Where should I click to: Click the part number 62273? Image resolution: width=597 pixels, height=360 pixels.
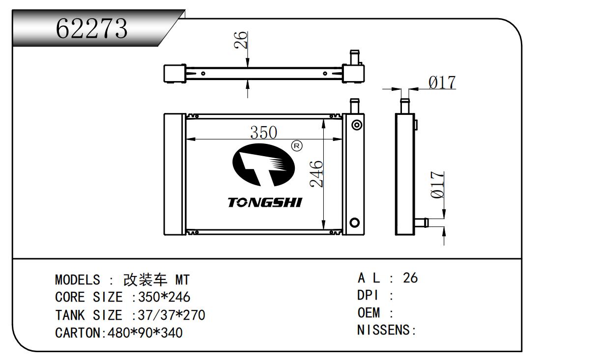(x=92, y=28)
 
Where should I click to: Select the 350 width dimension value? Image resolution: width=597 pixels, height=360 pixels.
(x=263, y=133)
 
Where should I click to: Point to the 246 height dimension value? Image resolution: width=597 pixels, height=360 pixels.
(x=317, y=173)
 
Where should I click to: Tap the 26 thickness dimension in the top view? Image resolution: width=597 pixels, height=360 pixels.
(x=240, y=40)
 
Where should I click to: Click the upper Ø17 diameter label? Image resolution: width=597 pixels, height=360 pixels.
(x=442, y=83)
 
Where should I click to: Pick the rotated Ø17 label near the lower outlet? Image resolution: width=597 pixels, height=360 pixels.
(x=438, y=185)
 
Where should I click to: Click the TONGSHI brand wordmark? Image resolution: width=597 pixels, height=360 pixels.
(x=265, y=202)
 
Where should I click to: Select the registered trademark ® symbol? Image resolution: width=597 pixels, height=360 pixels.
(x=296, y=145)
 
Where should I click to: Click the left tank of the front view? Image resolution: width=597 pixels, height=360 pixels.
(x=174, y=174)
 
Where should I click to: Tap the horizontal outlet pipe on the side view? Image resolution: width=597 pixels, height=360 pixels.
(x=421, y=223)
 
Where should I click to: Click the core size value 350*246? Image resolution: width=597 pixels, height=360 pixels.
(x=164, y=298)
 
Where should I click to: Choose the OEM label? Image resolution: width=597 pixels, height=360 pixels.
(x=369, y=312)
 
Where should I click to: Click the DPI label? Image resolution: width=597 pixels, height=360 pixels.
(x=367, y=296)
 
